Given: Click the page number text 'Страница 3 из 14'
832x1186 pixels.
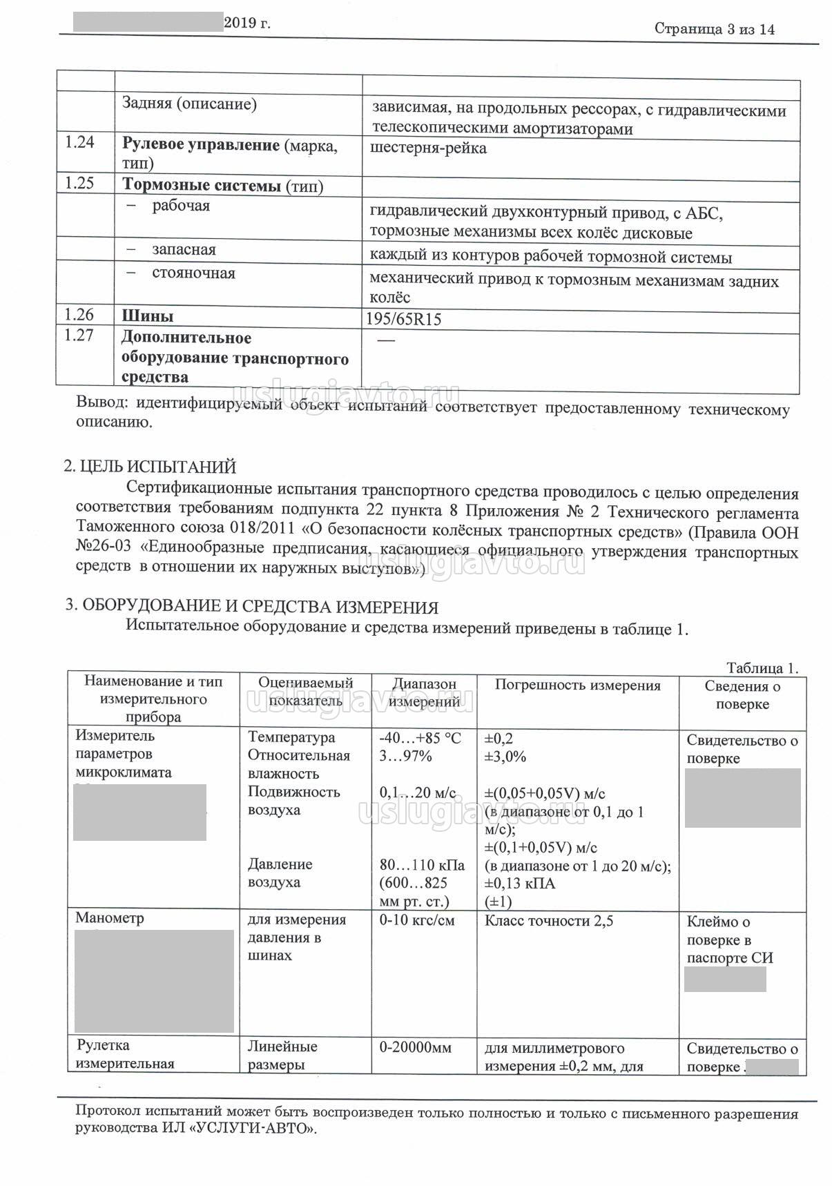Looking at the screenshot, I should pos(715,29).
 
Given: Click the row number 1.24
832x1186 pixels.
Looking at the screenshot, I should pos(79,143).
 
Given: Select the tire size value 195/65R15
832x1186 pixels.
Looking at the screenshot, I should pos(406,320).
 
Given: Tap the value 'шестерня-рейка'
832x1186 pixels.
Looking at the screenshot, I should pos(428,148).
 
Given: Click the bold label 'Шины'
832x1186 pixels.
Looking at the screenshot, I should pos(148,316).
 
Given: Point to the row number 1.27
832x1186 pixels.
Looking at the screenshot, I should pos(79,336).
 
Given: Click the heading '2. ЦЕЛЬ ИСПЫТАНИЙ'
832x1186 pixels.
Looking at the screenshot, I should pos(150,467).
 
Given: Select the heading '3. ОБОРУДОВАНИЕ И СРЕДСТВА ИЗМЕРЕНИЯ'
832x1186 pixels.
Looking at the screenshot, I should pos(251,607).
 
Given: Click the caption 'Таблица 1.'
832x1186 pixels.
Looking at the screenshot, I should pos(762,668).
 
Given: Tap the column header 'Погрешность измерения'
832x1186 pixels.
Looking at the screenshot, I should pos(577,685).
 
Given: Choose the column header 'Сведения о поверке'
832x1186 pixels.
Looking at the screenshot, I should pos(742,694).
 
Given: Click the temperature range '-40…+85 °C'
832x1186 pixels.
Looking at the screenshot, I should pos(420,738).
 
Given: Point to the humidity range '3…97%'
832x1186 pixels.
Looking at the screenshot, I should pos(405,756).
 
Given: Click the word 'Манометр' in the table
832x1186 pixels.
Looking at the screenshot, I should pos(110,918).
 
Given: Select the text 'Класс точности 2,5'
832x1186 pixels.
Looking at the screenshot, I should pos(549,920).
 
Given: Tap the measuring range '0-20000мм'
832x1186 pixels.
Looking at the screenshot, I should pos(416,1047).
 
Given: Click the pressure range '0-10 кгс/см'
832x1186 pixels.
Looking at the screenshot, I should pos(417,920).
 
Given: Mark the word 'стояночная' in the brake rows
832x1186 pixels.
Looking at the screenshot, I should pos(193,273).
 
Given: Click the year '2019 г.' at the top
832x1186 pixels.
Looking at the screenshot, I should pos(247,23).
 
